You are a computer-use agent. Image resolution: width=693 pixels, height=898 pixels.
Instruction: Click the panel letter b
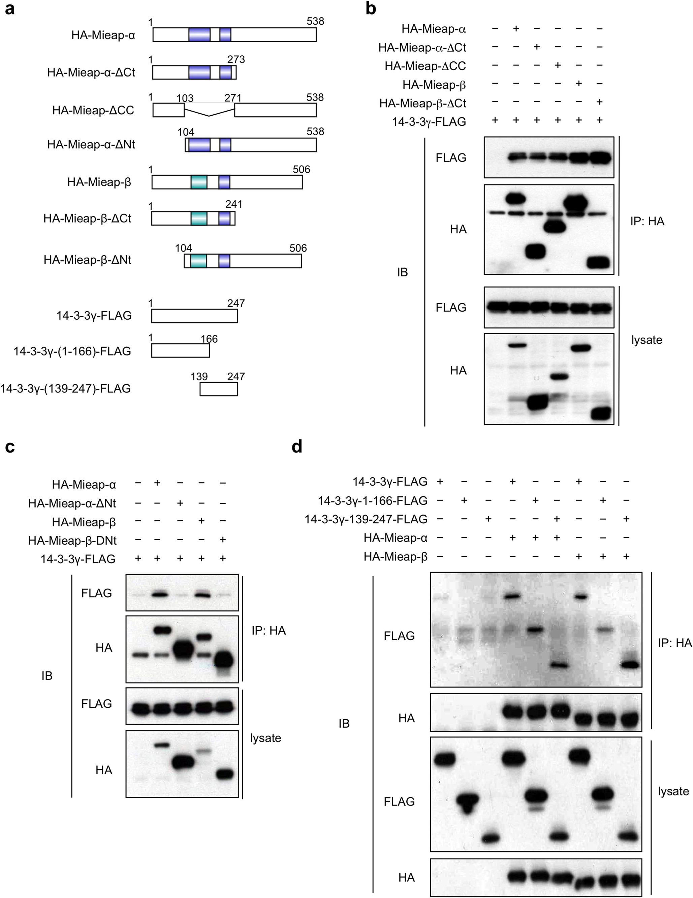click(371, 9)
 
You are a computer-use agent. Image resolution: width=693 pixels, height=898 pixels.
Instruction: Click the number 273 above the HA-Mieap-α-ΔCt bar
click(236, 60)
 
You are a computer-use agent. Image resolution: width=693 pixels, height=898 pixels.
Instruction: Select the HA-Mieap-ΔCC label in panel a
click(93, 110)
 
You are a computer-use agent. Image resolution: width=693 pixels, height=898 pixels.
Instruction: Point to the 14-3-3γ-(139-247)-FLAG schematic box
click(219, 389)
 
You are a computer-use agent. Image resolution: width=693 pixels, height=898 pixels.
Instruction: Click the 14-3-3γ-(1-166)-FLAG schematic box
click(180, 351)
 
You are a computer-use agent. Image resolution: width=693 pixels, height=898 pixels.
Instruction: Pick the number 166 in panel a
click(209, 339)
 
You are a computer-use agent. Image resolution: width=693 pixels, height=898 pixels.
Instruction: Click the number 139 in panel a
click(199, 376)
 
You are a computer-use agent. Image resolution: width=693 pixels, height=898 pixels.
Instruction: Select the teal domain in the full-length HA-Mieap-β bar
click(199, 182)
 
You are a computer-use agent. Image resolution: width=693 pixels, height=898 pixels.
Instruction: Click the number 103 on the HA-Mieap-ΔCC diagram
click(185, 98)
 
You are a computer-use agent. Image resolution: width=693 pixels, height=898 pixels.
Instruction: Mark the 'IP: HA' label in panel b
click(647, 221)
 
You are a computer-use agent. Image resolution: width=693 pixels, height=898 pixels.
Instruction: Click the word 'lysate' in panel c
click(265, 738)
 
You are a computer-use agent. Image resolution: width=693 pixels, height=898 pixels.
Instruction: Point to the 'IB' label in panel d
click(344, 723)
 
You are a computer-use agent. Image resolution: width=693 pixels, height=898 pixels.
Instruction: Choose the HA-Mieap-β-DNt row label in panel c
click(72, 540)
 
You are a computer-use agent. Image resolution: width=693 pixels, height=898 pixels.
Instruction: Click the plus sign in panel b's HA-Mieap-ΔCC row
click(558, 65)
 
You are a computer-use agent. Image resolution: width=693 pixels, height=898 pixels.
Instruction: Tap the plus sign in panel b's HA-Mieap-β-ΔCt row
click(599, 102)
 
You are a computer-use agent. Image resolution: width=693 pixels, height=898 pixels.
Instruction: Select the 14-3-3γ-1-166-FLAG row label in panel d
click(372, 500)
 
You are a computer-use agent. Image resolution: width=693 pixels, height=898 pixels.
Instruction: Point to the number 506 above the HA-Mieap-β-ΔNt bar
click(298, 248)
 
